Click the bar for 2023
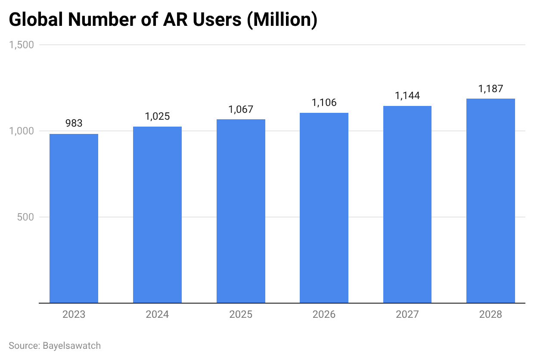(x=74, y=218)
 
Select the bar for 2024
(x=157, y=215)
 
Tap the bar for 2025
(x=241, y=211)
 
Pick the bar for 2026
(x=324, y=208)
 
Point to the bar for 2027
(x=407, y=205)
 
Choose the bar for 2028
(x=491, y=201)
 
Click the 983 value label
(x=74, y=124)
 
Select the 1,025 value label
(x=157, y=116)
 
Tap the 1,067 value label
(x=241, y=109)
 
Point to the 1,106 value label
(x=324, y=102)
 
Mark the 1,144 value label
(x=407, y=96)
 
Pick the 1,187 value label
(x=491, y=89)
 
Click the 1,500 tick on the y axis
(x=21, y=45)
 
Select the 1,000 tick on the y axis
(x=21, y=131)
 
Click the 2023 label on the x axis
(x=74, y=315)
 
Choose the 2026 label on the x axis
(x=324, y=315)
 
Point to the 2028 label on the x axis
(x=491, y=315)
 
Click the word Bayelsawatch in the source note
(x=71, y=345)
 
